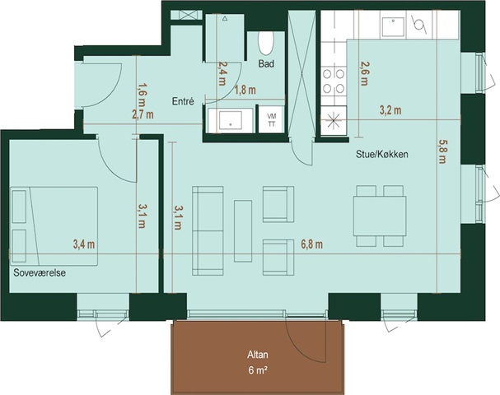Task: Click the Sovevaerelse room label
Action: pyautogui.click(x=40, y=273)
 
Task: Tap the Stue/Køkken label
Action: pyautogui.click(x=382, y=155)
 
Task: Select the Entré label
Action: pyautogui.click(x=183, y=101)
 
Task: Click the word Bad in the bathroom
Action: pyautogui.click(x=266, y=64)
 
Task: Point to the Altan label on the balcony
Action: pyautogui.click(x=258, y=355)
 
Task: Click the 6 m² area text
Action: pyautogui.click(x=258, y=370)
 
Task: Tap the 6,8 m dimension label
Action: pyautogui.click(x=312, y=244)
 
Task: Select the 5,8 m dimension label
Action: pyautogui.click(x=442, y=151)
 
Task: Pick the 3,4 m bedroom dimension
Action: pyautogui.click(x=84, y=244)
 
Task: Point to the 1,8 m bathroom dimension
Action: pyautogui.click(x=245, y=91)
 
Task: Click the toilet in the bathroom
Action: pyautogui.click(x=265, y=43)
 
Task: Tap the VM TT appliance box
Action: pyautogui.click(x=272, y=119)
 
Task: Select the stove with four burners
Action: pyautogui.click(x=334, y=81)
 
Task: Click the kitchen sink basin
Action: pyautogui.click(x=393, y=27)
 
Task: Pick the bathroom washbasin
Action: pyautogui.click(x=231, y=120)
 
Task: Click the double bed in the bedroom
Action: pyautogui.click(x=54, y=225)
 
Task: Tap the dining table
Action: pyautogui.click(x=380, y=216)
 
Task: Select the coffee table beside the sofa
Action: pyautogui.click(x=243, y=231)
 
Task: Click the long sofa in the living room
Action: pyautogui.click(x=208, y=231)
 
